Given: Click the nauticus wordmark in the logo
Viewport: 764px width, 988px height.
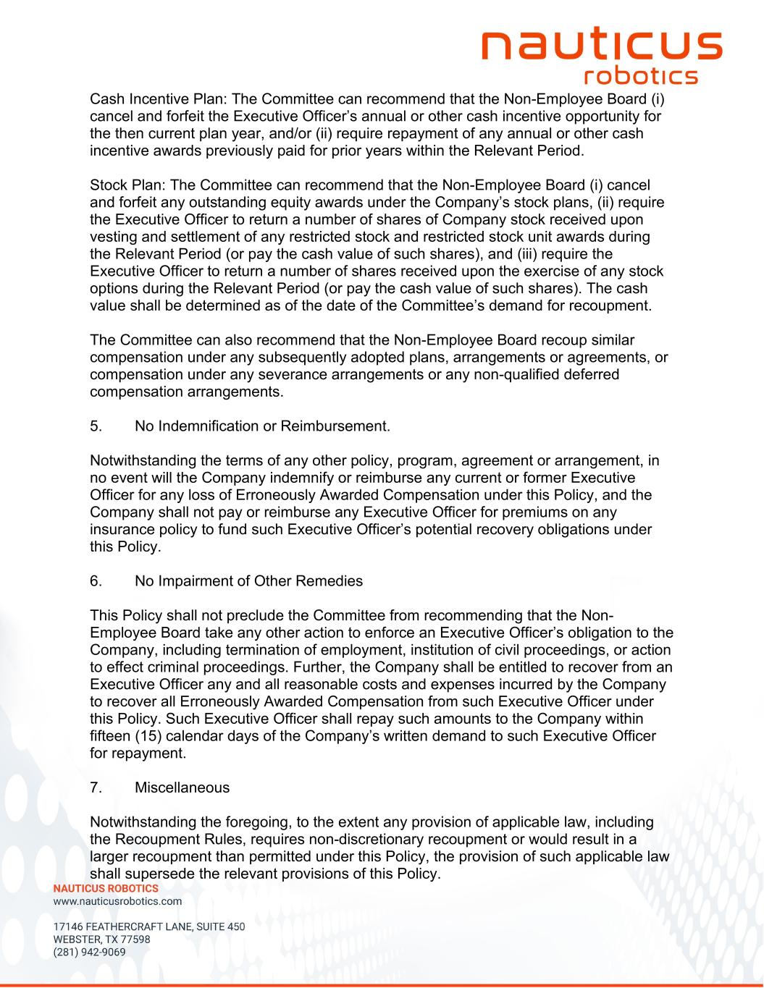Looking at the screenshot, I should (x=602, y=45).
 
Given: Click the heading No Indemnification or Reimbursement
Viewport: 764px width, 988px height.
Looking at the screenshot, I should (x=262, y=426).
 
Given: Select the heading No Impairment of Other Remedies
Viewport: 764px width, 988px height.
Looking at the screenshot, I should (x=248, y=581).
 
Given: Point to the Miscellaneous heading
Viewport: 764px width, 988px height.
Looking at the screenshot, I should (x=182, y=788).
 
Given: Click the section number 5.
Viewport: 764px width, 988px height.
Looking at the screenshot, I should (x=96, y=426).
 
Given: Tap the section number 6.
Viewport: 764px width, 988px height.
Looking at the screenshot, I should (x=96, y=581).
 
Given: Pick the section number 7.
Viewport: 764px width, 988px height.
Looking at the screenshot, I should (x=96, y=788).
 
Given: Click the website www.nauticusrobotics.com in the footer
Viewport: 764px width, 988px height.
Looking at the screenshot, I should (x=117, y=901).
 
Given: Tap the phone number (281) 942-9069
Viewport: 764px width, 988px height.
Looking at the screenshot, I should (x=89, y=952).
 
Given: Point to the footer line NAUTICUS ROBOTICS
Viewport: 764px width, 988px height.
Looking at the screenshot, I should (x=106, y=888).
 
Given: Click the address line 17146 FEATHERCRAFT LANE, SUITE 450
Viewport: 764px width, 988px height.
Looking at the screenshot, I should (x=149, y=926).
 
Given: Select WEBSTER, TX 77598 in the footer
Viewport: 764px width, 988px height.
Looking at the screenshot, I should (x=101, y=940).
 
